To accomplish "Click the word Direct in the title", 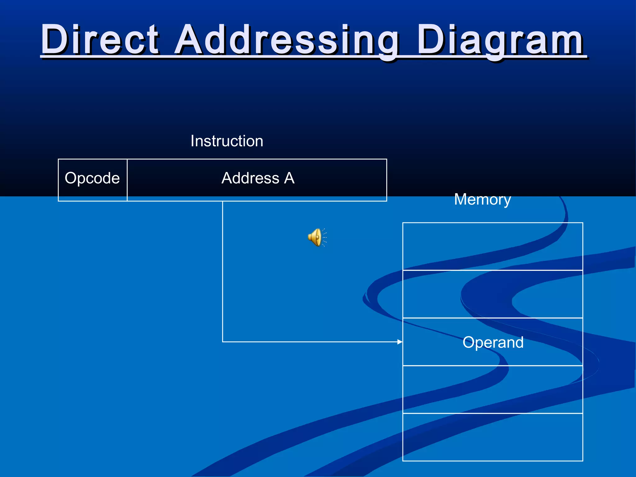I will click(x=100, y=40).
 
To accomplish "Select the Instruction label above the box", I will click(x=227, y=141).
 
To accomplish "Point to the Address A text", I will click(x=258, y=178).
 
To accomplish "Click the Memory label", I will click(x=482, y=199).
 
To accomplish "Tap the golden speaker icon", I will click(x=316, y=238).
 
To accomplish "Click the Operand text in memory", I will click(x=493, y=342).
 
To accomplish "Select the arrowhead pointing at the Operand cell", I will click(x=400, y=342).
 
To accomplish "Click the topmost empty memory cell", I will click(x=493, y=246).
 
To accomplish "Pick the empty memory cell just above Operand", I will click(x=493, y=294).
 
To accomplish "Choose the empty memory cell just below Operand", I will click(x=493, y=389).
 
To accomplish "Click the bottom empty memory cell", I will click(x=493, y=437).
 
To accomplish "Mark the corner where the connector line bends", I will click(x=223, y=342).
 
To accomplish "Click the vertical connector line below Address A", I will click(x=223, y=270).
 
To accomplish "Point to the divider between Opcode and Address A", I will click(x=127, y=180).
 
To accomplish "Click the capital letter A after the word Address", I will click(x=289, y=178).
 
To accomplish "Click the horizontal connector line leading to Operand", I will click(x=311, y=342).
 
